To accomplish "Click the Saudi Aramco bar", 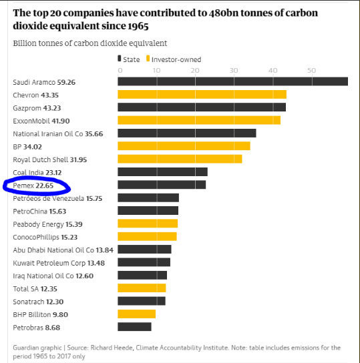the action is coord(232,81).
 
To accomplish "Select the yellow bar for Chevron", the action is coord(202,95).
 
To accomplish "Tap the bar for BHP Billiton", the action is coord(137,314).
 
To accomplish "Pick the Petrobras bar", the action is coord(135,327).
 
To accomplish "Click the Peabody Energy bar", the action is coord(148,224).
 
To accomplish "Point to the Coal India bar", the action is coord(162,171).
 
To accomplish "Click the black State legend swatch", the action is coord(120,58).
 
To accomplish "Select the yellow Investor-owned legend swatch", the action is coord(148,58).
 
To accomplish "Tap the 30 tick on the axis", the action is coord(234,70).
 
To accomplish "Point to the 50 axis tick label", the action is coord(312,70).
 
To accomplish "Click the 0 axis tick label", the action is coord(120,70).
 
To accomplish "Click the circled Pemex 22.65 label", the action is coord(33,186).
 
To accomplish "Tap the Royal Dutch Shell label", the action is coord(41,159).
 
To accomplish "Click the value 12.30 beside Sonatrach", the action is coord(55,302).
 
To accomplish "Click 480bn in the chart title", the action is coord(224,13).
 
